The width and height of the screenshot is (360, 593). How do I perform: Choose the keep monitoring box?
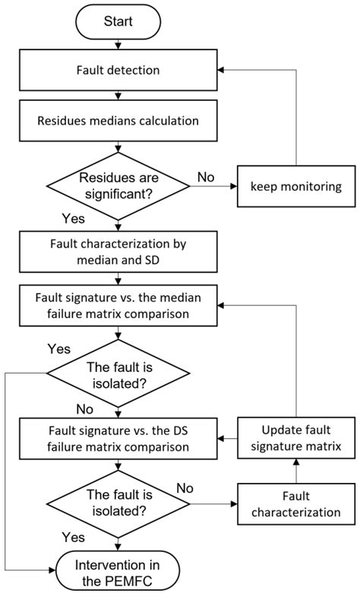297,185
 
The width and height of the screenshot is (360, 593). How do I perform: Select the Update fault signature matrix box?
297,437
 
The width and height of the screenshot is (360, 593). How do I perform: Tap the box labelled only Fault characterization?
297,503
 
